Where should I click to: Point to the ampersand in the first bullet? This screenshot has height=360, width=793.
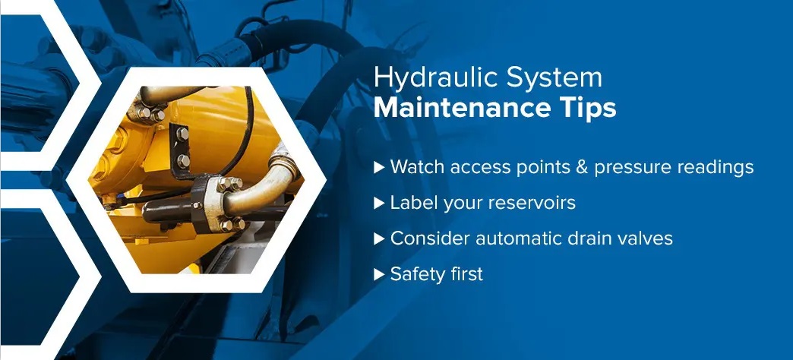tap(583, 167)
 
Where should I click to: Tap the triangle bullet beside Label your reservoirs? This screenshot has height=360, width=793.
tap(379, 204)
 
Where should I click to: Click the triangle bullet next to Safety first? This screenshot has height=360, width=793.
tap(379, 274)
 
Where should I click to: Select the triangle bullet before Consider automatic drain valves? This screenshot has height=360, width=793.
tap(379, 238)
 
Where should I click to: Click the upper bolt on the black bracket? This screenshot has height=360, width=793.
tap(182, 134)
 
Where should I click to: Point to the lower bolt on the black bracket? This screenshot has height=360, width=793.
tap(183, 161)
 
